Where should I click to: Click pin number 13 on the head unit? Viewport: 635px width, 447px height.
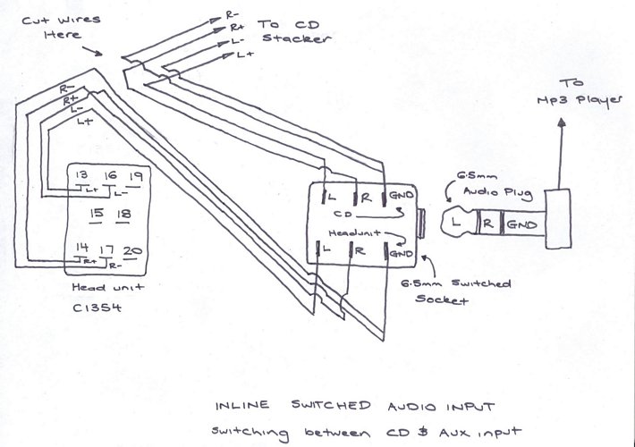pos(83,175)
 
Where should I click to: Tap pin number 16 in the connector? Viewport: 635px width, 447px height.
pos(111,175)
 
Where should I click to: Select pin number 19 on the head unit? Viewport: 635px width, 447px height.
pos(137,175)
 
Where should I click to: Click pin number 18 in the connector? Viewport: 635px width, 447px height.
pos(124,215)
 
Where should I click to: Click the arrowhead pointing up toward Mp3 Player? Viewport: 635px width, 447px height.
pos(563,127)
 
